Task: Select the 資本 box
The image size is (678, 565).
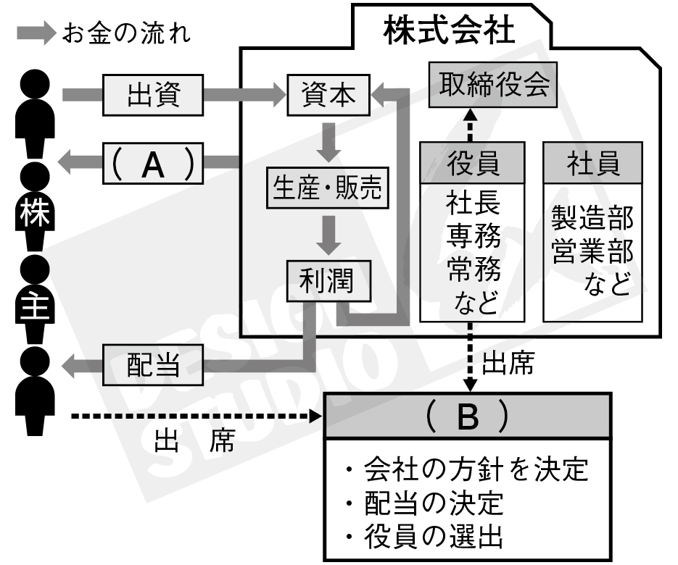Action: click(328, 93)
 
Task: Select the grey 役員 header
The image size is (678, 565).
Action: click(474, 163)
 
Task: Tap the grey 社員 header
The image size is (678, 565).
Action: click(593, 163)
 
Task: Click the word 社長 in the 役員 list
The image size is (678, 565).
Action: click(474, 202)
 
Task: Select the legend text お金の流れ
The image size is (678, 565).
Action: click(127, 33)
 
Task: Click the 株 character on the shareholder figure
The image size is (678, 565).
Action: click(32, 215)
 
